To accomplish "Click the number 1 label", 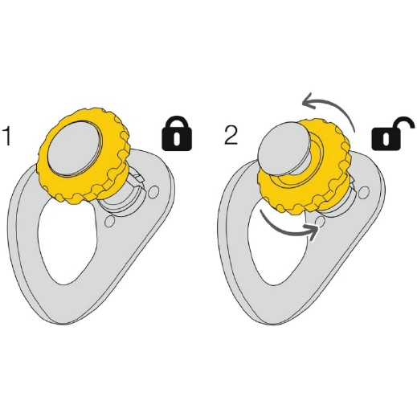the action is point(7,136).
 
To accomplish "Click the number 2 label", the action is point(231,135).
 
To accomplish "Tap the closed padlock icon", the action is point(177,133).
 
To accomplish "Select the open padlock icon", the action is point(390,133).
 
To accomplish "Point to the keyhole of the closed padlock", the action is point(177,138).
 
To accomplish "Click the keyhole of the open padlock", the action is point(386,138).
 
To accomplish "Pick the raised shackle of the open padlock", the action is point(404,124).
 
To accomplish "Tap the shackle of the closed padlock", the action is point(177,122).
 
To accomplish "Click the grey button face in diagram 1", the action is point(74,149).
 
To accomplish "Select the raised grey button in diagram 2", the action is point(283,146).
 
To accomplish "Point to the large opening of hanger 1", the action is point(67,241).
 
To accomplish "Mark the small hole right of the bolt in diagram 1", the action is point(153,192).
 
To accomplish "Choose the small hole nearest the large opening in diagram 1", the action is point(109,222).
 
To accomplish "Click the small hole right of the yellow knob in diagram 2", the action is point(363,192).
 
